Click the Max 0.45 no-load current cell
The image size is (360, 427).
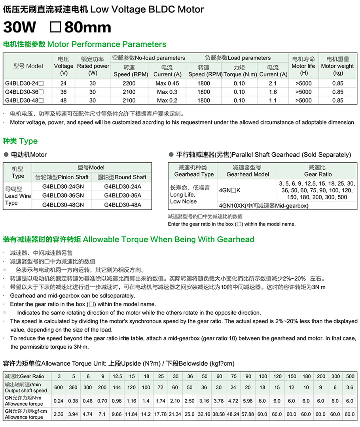tap(167, 84)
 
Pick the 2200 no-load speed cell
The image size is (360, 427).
tap(129, 84)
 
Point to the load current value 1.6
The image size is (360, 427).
tap(273, 92)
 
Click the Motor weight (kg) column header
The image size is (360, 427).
tap(338, 66)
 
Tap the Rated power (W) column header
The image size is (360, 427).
tap(93, 66)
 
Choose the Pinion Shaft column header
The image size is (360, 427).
tap(62, 177)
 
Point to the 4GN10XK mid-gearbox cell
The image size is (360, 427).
tap(263, 205)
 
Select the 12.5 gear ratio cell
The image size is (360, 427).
tap(117, 376)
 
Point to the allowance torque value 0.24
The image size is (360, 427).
tap(59, 401)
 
